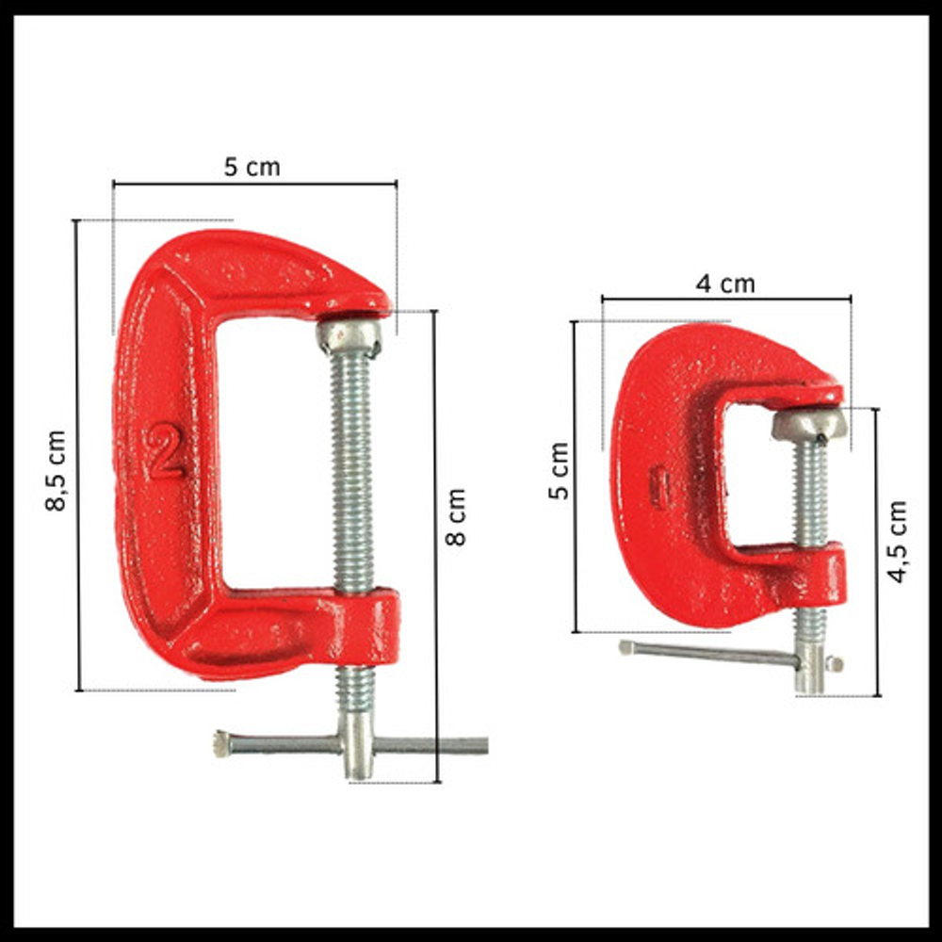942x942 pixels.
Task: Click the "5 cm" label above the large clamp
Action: pyautogui.click(x=252, y=167)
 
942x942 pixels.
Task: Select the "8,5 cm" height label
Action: pyautogui.click(x=56, y=471)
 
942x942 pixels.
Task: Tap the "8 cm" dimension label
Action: pyautogui.click(x=455, y=517)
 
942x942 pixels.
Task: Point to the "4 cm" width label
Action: pyautogui.click(x=725, y=284)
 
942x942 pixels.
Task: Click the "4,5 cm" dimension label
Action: pyautogui.click(x=897, y=542)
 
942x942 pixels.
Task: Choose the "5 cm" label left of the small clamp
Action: pyautogui.click(x=559, y=470)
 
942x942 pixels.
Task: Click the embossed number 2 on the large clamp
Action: pyautogui.click(x=164, y=450)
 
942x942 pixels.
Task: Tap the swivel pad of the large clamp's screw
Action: pyautogui.click(x=349, y=335)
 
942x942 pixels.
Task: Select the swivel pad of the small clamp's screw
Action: pyautogui.click(x=809, y=424)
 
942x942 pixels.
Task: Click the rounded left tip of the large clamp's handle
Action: pyautogui.click(x=221, y=744)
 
